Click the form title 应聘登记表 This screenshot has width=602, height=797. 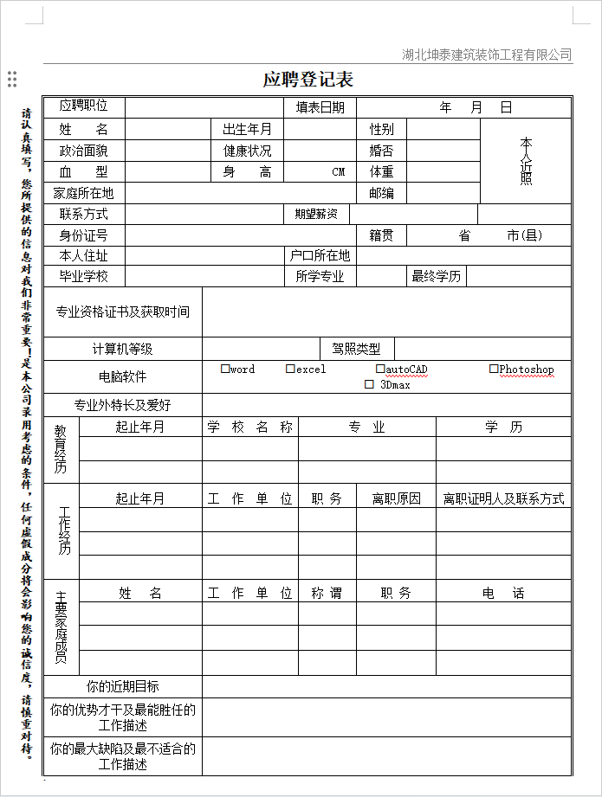[x=307, y=80]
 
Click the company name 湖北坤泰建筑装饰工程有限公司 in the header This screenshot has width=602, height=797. [x=487, y=55]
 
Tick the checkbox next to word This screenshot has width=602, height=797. [x=225, y=369]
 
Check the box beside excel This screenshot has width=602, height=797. [x=290, y=369]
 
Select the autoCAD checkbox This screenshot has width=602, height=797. [x=380, y=369]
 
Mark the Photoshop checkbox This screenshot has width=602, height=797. [x=494, y=369]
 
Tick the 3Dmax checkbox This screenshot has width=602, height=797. [x=369, y=384]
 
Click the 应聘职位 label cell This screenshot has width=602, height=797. [x=84, y=106]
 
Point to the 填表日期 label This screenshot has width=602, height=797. [x=320, y=107]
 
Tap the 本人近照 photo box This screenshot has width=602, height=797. [x=526, y=160]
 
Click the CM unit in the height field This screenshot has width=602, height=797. [x=339, y=171]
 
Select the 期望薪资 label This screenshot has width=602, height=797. [x=315, y=214]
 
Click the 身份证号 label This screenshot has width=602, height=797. [x=84, y=235]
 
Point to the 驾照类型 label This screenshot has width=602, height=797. [x=356, y=349]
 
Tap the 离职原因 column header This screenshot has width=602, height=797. [x=396, y=498]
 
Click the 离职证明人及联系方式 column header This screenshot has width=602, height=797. [x=503, y=498]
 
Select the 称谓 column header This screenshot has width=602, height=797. [x=327, y=593]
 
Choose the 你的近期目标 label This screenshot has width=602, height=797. [x=122, y=686]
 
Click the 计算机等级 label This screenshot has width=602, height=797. [x=122, y=349]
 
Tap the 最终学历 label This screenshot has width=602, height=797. [x=437, y=276]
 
